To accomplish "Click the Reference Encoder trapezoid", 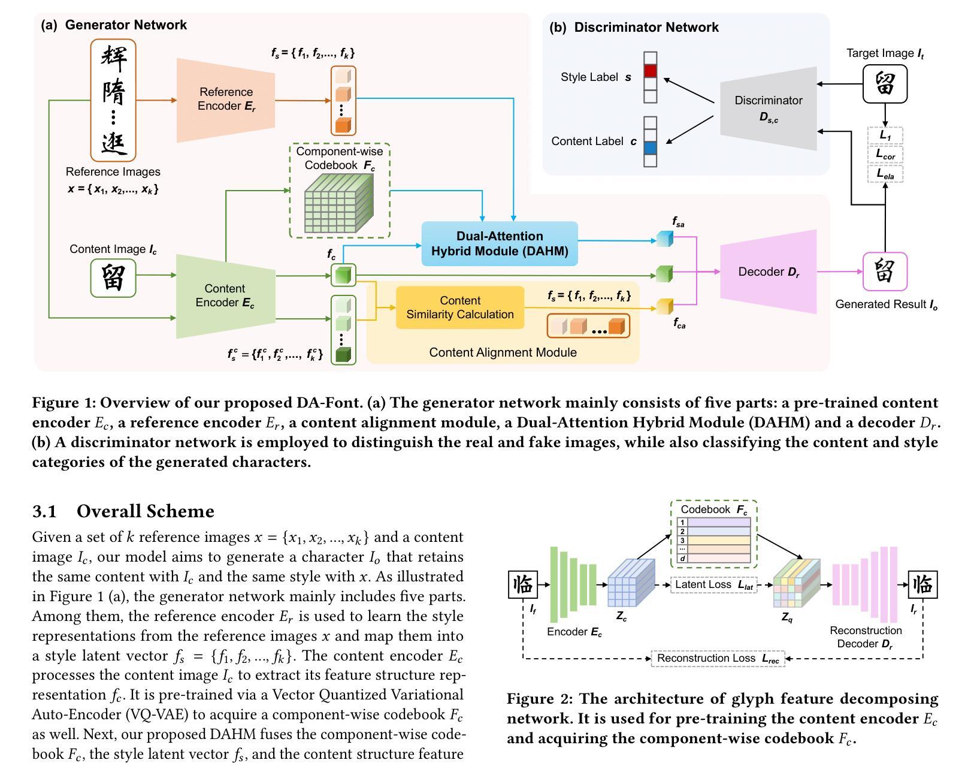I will (226, 99).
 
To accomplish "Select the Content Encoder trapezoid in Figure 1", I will (225, 296).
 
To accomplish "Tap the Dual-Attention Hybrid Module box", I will (500, 243).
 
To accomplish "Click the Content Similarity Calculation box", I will (460, 307).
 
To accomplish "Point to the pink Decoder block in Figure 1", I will (769, 272).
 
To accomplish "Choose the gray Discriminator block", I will (769, 108).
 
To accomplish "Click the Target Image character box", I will (885, 84).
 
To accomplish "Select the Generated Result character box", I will (885, 272).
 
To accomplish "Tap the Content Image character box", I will (113, 278).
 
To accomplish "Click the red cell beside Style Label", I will (650, 71).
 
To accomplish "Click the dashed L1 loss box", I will (885, 135).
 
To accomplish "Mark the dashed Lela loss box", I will (885, 174).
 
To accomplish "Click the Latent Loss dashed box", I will (713, 584).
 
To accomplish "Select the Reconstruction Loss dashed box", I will (718, 658).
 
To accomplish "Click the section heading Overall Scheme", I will (145, 511).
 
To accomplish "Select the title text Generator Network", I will (126, 25).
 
